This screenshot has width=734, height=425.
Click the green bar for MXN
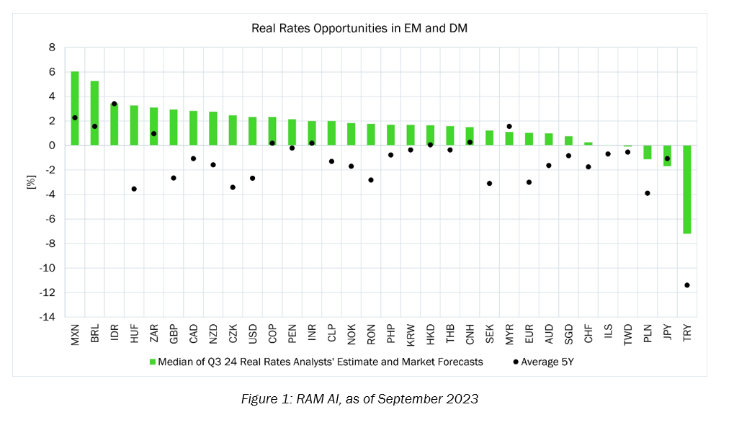[75, 108]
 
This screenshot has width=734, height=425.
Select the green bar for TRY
[686, 189]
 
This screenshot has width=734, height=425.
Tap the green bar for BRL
[94, 113]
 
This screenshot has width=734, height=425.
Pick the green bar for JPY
[667, 156]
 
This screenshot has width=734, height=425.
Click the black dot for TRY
[686, 285]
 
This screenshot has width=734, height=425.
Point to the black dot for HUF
[134, 189]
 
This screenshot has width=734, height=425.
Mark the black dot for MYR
[509, 126]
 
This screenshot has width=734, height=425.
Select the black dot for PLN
[647, 193]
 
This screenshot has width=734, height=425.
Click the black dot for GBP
[174, 178]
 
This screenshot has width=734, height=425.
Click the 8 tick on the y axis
[52, 48]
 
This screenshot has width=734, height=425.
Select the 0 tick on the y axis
[52, 146]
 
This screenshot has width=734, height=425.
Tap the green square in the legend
[153, 362]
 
